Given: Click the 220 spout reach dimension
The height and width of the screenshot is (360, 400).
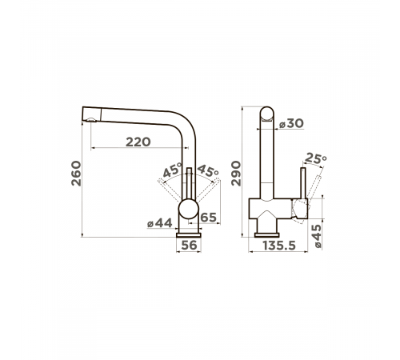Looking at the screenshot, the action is [138, 142].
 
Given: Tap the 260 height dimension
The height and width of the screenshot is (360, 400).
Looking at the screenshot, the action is [76, 174].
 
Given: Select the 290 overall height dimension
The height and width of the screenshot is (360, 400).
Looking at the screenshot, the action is [236, 174].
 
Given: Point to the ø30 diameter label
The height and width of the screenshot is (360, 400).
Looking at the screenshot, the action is [291, 123].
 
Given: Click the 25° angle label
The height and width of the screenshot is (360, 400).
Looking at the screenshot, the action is [315, 158].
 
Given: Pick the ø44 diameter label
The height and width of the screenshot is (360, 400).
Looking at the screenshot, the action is [160, 223].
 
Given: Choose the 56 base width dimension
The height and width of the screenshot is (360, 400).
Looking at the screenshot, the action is [189, 245].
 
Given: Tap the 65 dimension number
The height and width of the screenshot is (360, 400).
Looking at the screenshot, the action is [208, 218].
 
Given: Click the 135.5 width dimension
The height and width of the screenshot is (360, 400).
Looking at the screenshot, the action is [279, 246].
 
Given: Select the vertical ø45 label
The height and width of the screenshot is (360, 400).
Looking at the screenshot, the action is [318, 236].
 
